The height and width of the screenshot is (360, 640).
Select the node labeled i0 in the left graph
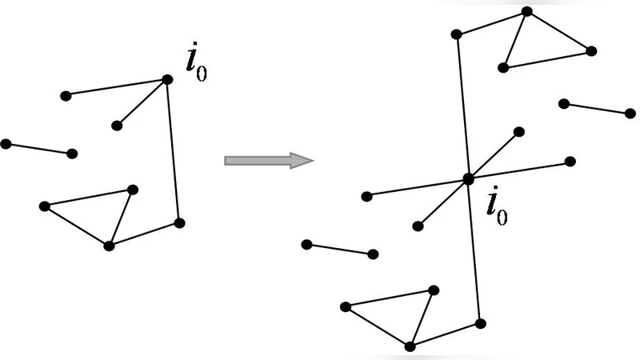167,79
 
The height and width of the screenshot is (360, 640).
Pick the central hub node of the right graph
468,179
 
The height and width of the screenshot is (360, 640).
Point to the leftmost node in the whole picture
6,144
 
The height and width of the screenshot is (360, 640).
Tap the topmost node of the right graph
526,11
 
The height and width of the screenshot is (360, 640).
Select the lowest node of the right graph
410,346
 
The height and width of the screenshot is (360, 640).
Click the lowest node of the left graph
110,246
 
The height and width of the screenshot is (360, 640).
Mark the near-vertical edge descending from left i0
174,152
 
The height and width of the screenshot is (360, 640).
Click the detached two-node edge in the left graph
39,149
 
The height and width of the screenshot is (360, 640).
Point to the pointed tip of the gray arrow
310,160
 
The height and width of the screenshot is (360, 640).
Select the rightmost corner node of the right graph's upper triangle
591,51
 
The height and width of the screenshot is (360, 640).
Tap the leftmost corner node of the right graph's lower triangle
345,306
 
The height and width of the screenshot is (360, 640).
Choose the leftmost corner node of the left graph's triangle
44,206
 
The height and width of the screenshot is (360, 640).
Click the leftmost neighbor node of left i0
66,96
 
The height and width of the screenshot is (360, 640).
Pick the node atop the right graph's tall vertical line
456,34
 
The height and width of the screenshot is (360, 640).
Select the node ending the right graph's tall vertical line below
480,323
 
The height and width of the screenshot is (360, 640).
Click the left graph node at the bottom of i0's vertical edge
179,222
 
